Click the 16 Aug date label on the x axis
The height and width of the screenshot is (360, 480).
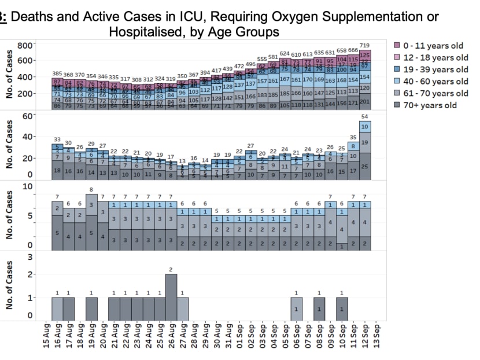(57, 337)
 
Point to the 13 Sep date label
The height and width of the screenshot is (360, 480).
(376, 337)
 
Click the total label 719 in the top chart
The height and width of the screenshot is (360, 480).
(365, 45)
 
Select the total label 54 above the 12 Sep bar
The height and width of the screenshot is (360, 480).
(365, 117)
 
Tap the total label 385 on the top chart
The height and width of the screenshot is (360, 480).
(57, 74)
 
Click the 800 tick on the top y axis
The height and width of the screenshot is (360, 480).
(25, 45)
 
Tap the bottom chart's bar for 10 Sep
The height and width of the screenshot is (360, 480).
(342, 307)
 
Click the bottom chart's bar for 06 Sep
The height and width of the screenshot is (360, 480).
(296, 307)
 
